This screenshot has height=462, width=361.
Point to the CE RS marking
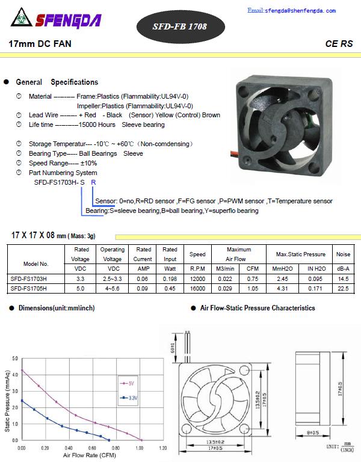tap(339, 44)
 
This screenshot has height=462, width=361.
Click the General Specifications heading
tap(57, 82)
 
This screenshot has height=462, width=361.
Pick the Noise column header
tap(343, 254)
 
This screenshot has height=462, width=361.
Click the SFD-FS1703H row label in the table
tap(28, 279)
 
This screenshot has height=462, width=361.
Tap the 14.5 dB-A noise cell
tap(343, 279)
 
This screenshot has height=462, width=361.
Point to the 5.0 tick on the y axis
tap(15, 359)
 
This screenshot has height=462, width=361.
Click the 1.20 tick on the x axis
tap(162, 448)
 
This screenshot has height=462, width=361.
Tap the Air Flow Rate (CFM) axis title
tap(89, 456)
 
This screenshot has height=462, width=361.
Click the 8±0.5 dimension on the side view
tap(313, 432)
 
